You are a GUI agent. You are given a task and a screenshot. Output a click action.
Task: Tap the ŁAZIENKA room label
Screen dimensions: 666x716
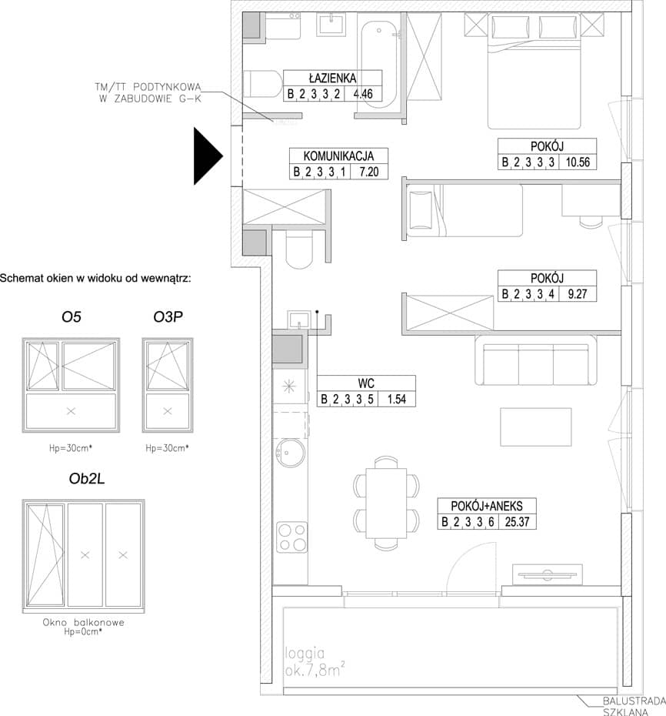coord(332,78)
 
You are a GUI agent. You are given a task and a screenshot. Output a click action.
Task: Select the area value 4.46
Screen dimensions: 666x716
coord(363,94)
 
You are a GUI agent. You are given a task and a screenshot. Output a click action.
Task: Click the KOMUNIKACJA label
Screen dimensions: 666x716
coord(338,156)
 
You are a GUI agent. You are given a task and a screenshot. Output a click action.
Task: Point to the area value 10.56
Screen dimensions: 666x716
coord(578,162)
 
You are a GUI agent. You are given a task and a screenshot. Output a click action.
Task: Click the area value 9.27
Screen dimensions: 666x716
coord(578,293)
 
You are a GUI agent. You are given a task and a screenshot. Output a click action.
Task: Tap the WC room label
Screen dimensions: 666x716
coord(366,383)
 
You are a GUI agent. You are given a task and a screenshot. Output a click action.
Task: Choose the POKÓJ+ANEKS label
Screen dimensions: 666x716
coord(487,506)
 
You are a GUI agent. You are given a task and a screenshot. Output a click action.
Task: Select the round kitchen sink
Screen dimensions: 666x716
coord(291,453)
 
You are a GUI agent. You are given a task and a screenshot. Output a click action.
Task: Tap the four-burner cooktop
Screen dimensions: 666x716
coord(292,537)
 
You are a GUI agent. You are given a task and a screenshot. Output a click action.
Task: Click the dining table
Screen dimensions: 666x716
coord(386,504)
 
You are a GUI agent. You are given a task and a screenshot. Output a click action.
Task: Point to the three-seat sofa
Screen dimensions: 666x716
coord(535,360)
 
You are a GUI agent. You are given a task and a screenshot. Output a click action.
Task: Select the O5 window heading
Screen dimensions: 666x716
coord(72,316)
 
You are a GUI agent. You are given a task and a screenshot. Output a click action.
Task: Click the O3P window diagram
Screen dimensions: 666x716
coord(168,385)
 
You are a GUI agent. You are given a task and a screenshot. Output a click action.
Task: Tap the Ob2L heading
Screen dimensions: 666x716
coord(87,479)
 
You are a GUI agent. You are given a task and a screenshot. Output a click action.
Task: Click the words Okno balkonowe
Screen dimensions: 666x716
coord(84,622)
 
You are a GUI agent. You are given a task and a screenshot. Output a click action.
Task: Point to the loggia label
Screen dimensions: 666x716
coord(305,654)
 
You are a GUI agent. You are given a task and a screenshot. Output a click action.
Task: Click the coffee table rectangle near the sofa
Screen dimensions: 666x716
coord(536,427)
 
